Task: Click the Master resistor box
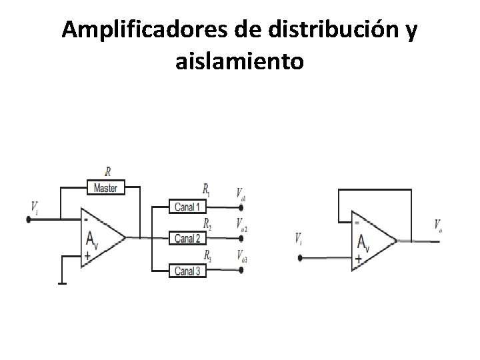(105, 188)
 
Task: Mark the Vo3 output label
(242, 257)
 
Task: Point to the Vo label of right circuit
(437, 226)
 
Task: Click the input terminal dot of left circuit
(29, 218)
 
